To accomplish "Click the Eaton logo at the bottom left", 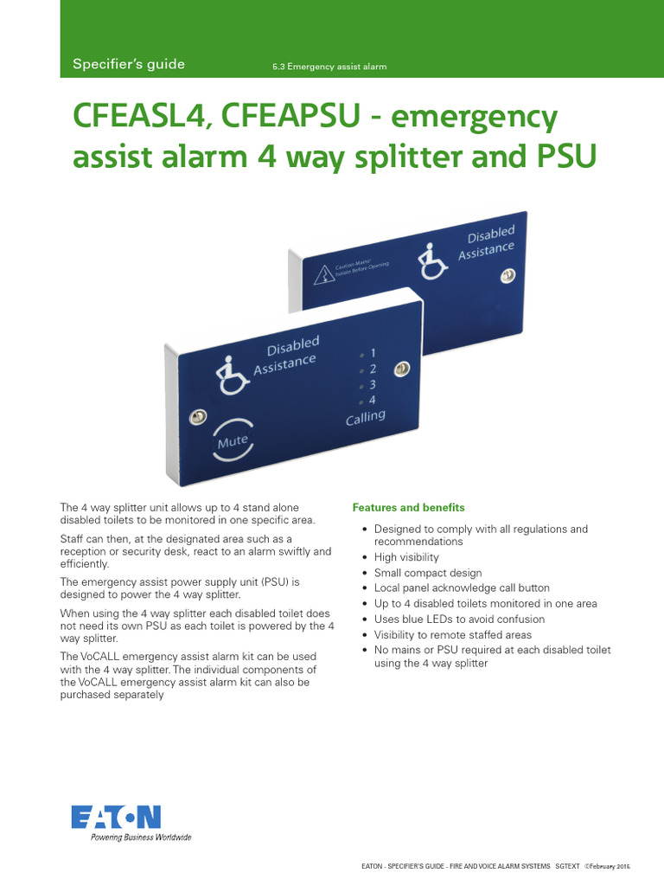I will click(115, 817).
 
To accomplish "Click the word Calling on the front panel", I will click(365, 418).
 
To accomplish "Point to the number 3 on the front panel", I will click(372, 384).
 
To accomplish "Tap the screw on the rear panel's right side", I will click(508, 275).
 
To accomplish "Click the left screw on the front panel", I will click(197, 417).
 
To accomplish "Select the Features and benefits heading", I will click(408, 508).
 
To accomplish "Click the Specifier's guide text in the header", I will click(128, 65).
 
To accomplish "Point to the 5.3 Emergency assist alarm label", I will click(329, 67).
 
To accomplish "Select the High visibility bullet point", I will click(406, 557).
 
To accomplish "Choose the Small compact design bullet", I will click(428, 573).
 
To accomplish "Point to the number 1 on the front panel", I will click(373, 353).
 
